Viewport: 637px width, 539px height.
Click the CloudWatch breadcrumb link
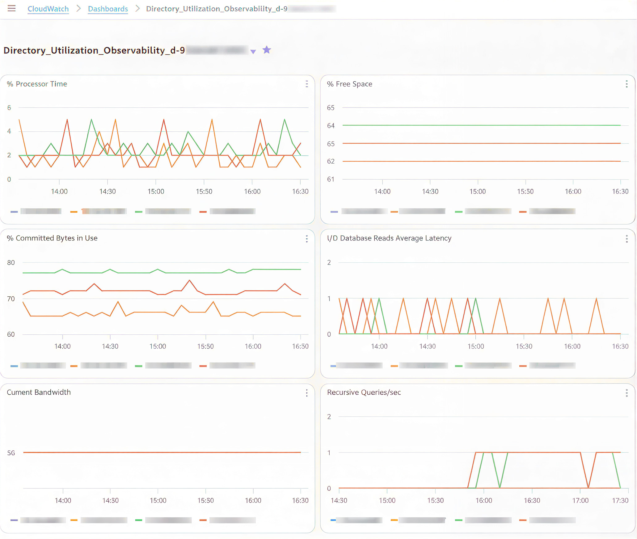[48, 9]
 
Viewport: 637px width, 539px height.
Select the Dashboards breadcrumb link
[108, 9]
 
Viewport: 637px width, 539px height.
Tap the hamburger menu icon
[12, 8]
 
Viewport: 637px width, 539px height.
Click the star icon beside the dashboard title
[267, 50]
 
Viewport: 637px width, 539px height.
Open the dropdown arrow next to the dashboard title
[253, 52]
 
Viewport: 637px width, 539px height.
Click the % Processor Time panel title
[37, 84]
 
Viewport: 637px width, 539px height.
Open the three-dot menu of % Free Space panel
[626, 84]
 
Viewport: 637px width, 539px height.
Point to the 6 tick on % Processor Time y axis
[9, 108]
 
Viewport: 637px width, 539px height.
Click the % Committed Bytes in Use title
[52, 238]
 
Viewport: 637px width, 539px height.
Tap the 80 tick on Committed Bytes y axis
[11, 263]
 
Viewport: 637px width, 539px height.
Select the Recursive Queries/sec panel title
[364, 392]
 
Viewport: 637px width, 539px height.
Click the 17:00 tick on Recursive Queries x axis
[580, 500]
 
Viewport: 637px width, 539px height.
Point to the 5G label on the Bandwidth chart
[11, 453]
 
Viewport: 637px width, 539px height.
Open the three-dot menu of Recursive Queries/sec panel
[626, 393]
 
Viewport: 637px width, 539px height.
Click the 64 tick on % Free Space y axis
[331, 126]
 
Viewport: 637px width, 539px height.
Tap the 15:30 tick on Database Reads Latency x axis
[524, 346]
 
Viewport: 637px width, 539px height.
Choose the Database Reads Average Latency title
[389, 238]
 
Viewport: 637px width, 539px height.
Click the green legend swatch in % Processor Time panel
[139, 212]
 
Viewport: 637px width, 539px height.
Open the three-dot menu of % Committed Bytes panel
[306, 239]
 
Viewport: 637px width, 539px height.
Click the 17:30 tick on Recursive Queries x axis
[620, 500]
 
